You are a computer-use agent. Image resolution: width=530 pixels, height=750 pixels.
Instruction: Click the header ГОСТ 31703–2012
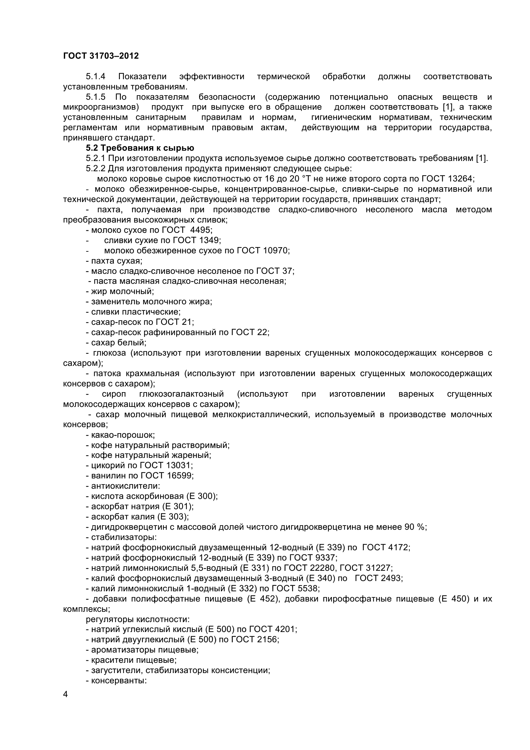click(x=101, y=56)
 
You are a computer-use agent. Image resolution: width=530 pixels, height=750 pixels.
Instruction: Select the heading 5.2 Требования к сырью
click(x=140, y=148)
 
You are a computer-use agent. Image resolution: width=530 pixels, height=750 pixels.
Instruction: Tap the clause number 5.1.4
click(x=95, y=76)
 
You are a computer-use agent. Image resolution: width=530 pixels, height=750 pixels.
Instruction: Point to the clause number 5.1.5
click(x=95, y=97)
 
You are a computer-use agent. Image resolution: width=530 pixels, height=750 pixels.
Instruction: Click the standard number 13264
click(x=460, y=179)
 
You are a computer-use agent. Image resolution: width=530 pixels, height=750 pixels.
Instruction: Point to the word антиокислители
click(x=125, y=486)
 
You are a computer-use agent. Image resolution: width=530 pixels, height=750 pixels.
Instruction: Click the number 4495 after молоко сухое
click(x=200, y=230)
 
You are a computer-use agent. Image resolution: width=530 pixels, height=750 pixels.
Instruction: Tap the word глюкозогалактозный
click(x=181, y=394)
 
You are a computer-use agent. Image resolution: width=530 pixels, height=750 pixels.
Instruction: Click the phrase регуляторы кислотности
click(x=138, y=619)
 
